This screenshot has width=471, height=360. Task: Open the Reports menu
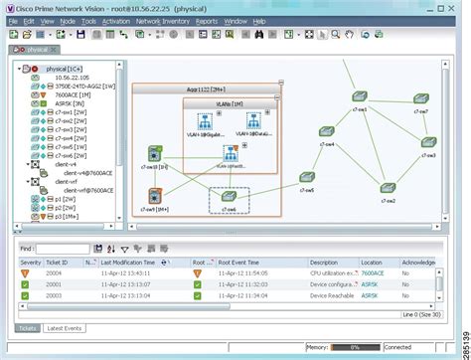[x=208, y=20]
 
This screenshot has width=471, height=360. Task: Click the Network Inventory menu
[x=161, y=20]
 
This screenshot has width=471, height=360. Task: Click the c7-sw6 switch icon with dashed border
[x=229, y=200]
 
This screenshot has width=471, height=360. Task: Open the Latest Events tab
[x=65, y=327]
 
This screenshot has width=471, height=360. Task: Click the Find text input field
[x=75, y=249]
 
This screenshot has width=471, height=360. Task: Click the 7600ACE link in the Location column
[x=373, y=272]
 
